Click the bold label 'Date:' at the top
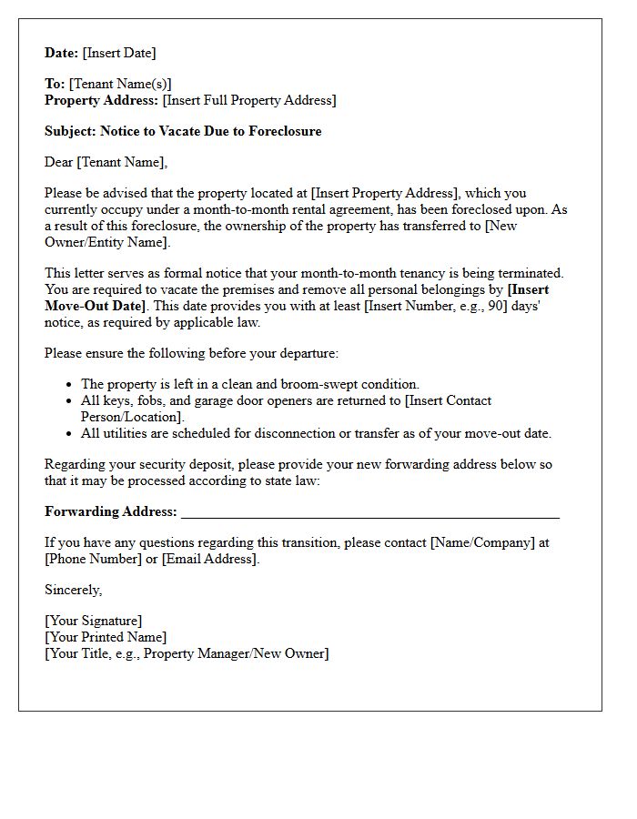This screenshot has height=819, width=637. click(62, 53)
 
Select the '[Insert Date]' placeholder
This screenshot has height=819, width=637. click(119, 53)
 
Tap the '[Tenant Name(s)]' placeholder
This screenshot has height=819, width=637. click(120, 84)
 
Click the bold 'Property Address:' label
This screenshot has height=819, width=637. click(102, 100)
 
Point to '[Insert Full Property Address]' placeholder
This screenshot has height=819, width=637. click(249, 100)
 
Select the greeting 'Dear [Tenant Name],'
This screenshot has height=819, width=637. click(106, 162)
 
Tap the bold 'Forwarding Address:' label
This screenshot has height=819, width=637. click(111, 511)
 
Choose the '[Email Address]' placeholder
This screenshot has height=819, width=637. click(210, 559)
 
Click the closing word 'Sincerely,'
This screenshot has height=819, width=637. click(74, 590)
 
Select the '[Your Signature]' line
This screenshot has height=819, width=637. click(94, 621)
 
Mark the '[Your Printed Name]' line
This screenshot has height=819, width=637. click(106, 637)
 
